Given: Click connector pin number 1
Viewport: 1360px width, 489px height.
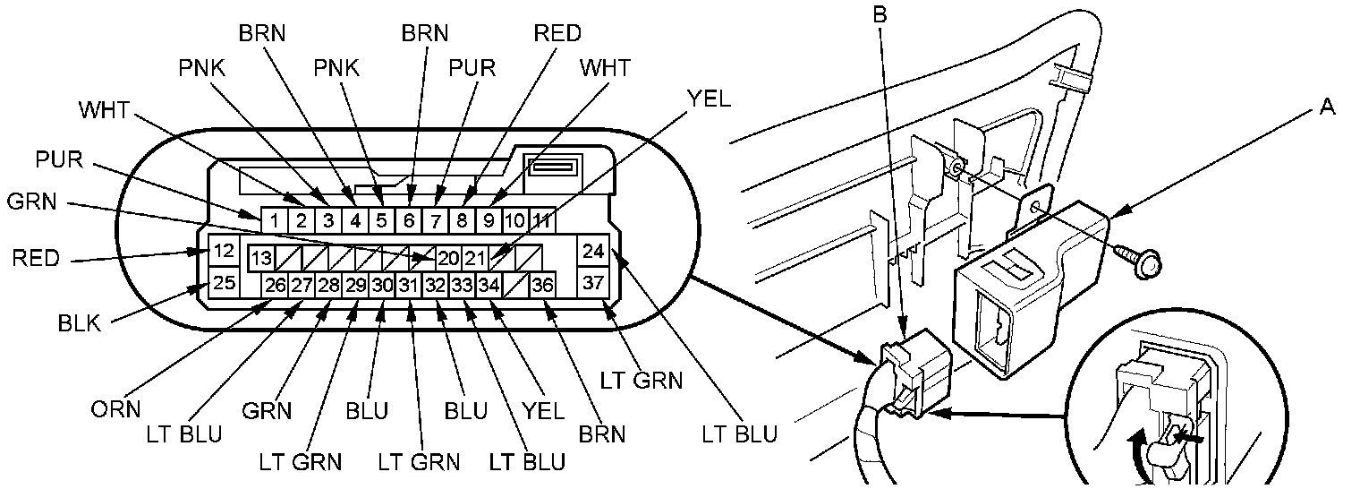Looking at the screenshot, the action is [x=275, y=220].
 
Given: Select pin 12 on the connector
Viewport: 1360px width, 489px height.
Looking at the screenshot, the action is [x=224, y=250].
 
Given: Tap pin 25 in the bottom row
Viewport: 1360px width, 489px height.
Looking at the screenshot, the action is [x=224, y=282].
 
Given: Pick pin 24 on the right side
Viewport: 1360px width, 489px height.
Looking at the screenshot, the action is [x=592, y=250].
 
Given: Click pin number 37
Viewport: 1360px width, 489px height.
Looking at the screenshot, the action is [x=592, y=282].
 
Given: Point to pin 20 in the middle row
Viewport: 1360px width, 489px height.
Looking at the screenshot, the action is [x=448, y=258].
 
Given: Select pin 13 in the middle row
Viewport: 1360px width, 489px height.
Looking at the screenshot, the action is [x=261, y=258].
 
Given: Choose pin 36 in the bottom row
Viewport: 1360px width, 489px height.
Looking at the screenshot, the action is [x=541, y=285].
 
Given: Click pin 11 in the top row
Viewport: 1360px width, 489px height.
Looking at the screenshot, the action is [x=541, y=220].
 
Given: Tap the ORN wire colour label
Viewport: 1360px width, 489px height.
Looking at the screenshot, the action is [x=115, y=409].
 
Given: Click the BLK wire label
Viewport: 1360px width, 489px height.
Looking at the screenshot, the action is [x=79, y=323].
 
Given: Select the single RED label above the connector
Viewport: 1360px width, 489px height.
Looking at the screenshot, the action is [x=557, y=33].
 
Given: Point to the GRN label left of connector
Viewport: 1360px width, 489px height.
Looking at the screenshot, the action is [x=31, y=202].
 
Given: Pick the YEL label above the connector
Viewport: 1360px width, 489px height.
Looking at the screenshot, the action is [x=710, y=99].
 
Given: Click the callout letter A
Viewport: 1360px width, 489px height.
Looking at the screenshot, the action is [x=1327, y=107].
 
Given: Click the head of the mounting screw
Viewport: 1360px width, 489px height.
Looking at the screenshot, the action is [x=1146, y=265].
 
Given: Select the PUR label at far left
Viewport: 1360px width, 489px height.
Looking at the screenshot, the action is [x=59, y=159].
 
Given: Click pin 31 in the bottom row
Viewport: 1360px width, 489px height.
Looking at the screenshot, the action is [x=408, y=285].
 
